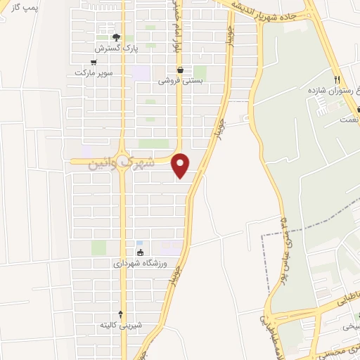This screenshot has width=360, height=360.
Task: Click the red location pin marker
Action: click(x=181, y=165)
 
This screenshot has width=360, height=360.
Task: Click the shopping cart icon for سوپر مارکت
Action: click(x=94, y=61)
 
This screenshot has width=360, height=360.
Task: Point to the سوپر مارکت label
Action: click(x=94, y=72)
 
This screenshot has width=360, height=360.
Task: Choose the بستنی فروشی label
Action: click(x=180, y=80)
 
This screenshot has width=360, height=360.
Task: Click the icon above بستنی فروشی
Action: click(x=181, y=70)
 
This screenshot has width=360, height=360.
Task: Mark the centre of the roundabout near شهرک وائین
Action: click(x=122, y=161)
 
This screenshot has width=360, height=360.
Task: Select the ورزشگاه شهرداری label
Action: click(x=139, y=264)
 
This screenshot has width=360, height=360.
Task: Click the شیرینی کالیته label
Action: click(x=121, y=325)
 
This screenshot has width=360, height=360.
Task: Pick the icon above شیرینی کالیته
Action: click(x=121, y=314)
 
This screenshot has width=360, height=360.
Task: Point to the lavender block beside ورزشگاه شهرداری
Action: click(x=171, y=247)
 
